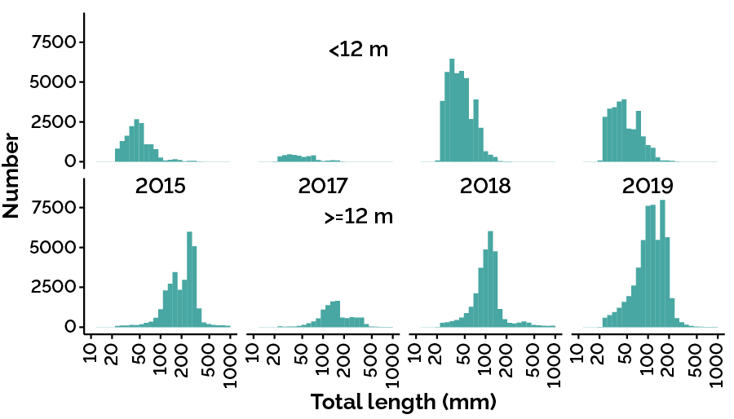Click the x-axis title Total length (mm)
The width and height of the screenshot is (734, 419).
pyautogui.click(x=404, y=402)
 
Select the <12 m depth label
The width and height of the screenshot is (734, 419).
pyautogui.click(x=359, y=50)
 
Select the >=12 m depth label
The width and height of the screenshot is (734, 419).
pyautogui.click(x=359, y=218)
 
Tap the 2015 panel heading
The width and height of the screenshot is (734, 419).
pyautogui.click(x=160, y=186)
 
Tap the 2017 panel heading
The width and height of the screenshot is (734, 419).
pyautogui.click(x=324, y=186)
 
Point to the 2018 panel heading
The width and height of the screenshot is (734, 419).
pyautogui.click(x=485, y=186)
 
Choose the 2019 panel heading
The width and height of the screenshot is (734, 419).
pyautogui.click(x=649, y=186)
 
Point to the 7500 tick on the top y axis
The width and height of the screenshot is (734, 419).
pyautogui.click(x=57, y=42)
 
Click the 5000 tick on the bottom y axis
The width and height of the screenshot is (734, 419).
pyautogui.click(x=57, y=248)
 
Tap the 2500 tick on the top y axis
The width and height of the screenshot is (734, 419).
pyautogui.click(x=57, y=122)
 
